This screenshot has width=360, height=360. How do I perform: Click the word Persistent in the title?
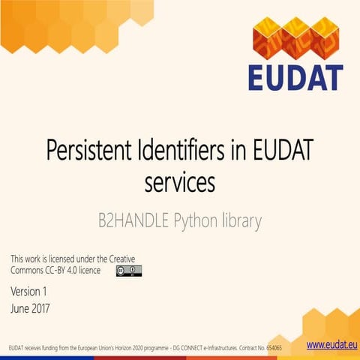[88, 151]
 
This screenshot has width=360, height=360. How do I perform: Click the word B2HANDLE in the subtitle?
[133, 221]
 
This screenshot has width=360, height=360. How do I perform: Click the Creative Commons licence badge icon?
[128, 270]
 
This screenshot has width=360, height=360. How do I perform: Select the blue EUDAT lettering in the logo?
[296, 77]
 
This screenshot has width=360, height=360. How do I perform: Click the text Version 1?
[29, 291]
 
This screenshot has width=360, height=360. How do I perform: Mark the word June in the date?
[19, 307]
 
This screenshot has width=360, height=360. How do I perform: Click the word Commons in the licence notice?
[26, 269]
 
